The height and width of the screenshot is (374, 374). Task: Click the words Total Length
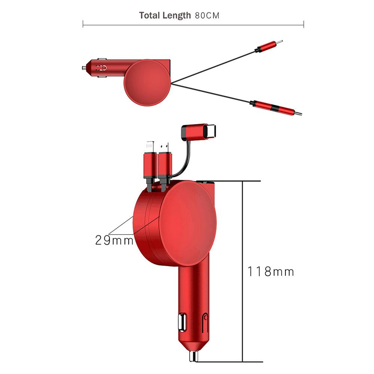coord(165,15)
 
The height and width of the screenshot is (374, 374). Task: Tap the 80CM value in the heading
coord(207,16)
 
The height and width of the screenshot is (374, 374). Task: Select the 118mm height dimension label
coord(270,272)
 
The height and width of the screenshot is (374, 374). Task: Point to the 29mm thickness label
coord(114,240)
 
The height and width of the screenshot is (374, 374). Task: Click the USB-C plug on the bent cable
coord(199,131)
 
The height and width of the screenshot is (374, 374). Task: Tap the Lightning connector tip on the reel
coord(150,147)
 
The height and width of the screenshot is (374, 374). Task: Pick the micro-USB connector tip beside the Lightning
coord(165,147)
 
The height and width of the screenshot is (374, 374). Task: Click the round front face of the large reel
coord(188,223)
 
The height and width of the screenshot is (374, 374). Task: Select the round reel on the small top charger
coord(147,83)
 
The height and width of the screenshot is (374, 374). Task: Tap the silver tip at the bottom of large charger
coord(194,356)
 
